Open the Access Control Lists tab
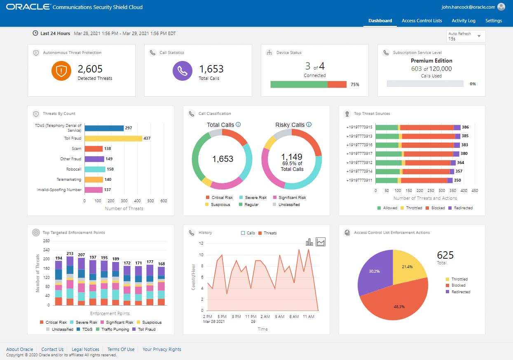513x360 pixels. point(422,21)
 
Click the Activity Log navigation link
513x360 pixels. point(463,21)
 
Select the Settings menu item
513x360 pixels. point(493,21)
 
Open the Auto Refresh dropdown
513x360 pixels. point(466,36)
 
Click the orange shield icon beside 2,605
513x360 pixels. point(61,71)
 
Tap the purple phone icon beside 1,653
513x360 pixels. point(183,71)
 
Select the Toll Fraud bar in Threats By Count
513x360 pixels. point(113,138)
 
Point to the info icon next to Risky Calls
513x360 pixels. point(309,125)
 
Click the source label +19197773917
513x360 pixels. point(359,154)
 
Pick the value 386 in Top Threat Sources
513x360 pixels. point(465,127)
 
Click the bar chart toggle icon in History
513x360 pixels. point(309,242)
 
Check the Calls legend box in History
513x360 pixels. point(243,233)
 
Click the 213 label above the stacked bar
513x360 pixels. point(70,254)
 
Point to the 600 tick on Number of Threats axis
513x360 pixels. point(164,201)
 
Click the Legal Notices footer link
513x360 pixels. point(85,349)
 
